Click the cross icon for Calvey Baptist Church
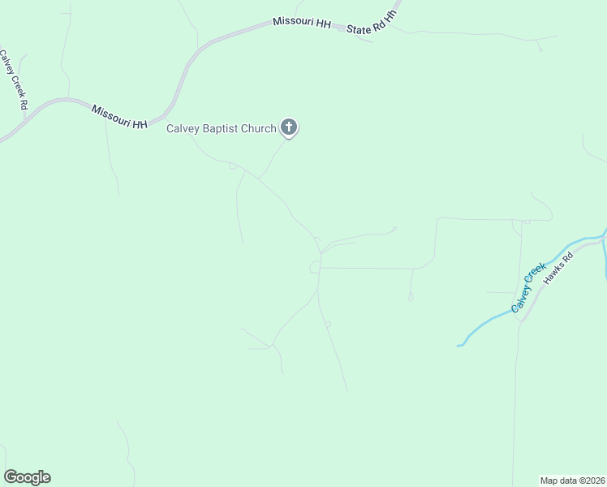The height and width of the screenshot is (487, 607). pos(289,127)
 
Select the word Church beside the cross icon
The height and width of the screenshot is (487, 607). pos(260,128)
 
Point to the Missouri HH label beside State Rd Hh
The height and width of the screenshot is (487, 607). pos(302,24)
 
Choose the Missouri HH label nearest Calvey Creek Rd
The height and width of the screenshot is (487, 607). pos(119,116)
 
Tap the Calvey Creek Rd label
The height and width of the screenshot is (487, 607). pos(14,80)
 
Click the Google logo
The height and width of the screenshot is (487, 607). pos(27,477)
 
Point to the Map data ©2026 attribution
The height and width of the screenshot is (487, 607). pos(573,480)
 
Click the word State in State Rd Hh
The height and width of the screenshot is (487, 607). pos(358,28)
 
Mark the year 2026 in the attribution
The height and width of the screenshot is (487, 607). pos(594,480)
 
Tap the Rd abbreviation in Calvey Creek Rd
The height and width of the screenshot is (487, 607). pos(24,103)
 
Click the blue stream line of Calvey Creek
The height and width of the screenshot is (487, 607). pos(487,325)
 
